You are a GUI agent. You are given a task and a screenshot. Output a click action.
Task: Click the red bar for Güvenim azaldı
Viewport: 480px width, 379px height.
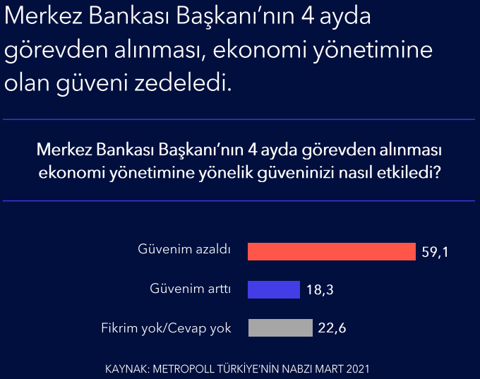pyautogui.click(x=332, y=251)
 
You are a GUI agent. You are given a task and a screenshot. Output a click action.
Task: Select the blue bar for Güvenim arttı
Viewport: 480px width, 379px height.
pyautogui.click(x=274, y=289)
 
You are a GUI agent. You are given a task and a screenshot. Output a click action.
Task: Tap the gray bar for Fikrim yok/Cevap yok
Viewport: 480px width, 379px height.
pyautogui.click(x=280, y=328)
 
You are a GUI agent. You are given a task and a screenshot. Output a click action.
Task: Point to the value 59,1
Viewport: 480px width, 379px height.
pyautogui.click(x=435, y=252)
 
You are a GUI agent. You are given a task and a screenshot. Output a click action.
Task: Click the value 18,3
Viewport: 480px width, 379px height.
pyautogui.click(x=320, y=289)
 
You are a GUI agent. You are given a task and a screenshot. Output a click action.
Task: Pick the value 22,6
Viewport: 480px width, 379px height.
pyautogui.click(x=332, y=328)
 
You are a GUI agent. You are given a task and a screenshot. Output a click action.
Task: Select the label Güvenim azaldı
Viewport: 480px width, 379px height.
pyautogui.click(x=184, y=249)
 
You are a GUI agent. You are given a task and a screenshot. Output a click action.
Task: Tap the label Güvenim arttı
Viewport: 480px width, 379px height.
pyautogui.click(x=190, y=289)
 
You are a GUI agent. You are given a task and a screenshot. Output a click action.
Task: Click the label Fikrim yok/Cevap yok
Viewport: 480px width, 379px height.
pyautogui.click(x=166, y=328)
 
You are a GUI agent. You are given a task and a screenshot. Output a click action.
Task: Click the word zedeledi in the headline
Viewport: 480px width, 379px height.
pyautogui.click(x=183, y=83)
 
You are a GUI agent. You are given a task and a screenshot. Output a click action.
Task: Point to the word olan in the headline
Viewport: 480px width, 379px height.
pyautogui.click(x=27, y=83)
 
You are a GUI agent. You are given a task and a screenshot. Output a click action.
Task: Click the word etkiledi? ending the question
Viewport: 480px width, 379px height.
pyautogui.click(x=409, y=173)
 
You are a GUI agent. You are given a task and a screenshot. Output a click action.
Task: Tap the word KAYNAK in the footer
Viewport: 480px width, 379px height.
pyautogui.click(x=127, y=369)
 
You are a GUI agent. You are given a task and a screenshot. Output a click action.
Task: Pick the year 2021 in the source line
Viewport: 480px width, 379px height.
pyautogui.click(x=358, y=369)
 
